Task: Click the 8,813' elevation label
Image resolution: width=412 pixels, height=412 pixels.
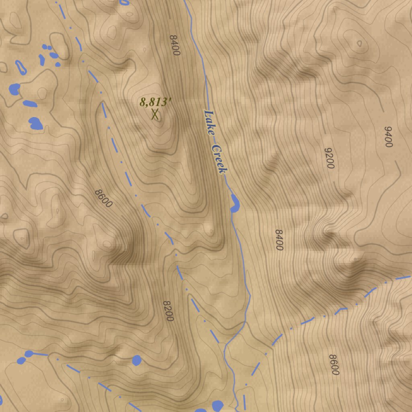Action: [x=155, y=102]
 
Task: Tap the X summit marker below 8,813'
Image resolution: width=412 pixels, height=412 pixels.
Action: [x=155, y=114]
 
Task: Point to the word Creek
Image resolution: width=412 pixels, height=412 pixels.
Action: [x=220, y=159]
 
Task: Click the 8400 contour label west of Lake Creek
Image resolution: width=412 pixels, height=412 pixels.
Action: [x=174, y=45]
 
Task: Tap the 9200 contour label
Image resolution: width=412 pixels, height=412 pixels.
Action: [x=330, y=158]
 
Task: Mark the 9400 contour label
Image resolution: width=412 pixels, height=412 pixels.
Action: [x=388, y=137]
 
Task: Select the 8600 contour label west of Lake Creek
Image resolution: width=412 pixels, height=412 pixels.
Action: [x=103, y=198]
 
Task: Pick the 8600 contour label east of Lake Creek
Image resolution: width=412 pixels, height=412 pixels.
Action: [x=334, y=365]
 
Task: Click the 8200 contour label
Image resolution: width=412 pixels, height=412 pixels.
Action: [x=168, y=311]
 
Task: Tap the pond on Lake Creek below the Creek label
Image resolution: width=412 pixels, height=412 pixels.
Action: [x=235, y=203]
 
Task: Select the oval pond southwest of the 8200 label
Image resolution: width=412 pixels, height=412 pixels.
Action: [x=137, y=360]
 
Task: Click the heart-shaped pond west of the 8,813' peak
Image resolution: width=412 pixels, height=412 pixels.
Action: [x=36, y=123]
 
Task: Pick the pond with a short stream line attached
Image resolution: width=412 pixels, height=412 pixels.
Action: [x=29, y=354]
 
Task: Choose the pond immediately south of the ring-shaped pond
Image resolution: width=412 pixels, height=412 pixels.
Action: [x=14, y=89]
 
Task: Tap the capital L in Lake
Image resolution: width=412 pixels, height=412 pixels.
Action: [x=208, y=113]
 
